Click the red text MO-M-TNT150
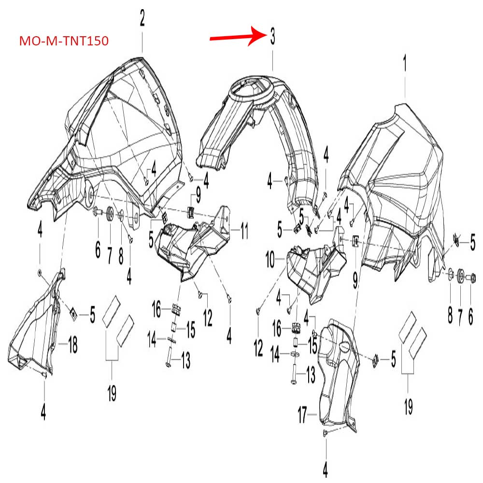pyautogui.click(x=64, y=41)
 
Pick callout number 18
pyautogui.click(x=72, y=345)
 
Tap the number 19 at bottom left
pyautogui.click(x=112, y=395)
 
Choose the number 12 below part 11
pyautogui.click(x=208, y=317)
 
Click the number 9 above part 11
pyautogui.click(x=198, y=197)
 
